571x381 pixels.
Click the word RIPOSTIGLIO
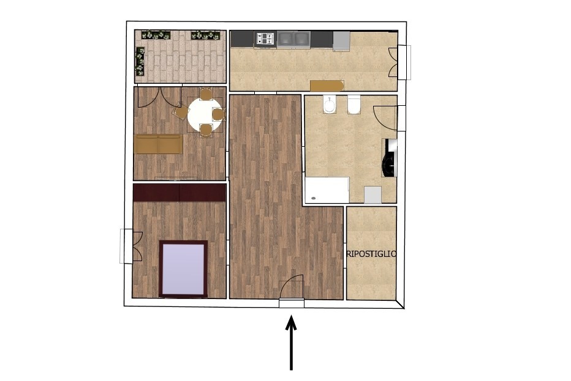coord(371,254)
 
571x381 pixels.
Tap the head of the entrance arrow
coord(291,322)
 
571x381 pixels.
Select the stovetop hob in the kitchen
coord(265,39)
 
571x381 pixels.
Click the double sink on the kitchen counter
coord(293,39)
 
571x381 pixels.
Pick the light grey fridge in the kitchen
coord(341,41)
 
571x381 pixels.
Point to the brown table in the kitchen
coord(327,86)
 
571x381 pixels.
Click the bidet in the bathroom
coord(329,105)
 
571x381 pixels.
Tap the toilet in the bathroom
coord(354,105)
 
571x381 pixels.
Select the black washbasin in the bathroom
coord(389,158)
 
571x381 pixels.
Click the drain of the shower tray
coord(314,198)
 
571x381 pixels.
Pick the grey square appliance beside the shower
coord(373,195)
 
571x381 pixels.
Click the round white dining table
coord(205,115)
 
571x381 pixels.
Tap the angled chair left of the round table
coord(181,113)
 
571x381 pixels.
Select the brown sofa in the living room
coord(159,144)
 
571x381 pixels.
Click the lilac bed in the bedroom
coord(184,269)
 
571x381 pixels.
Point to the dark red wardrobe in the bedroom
coord(180,192)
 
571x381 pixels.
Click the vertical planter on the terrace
coord(140,61)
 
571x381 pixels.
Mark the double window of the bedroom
coord(131,246)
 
